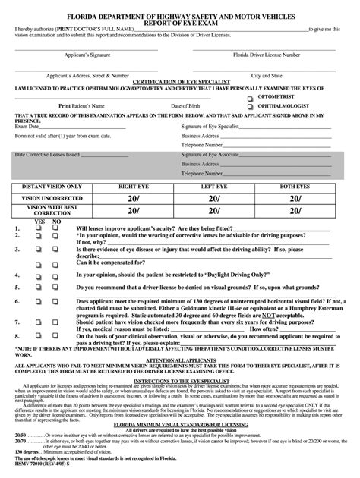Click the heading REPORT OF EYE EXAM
pyautogui.click(x=180, y=20)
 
